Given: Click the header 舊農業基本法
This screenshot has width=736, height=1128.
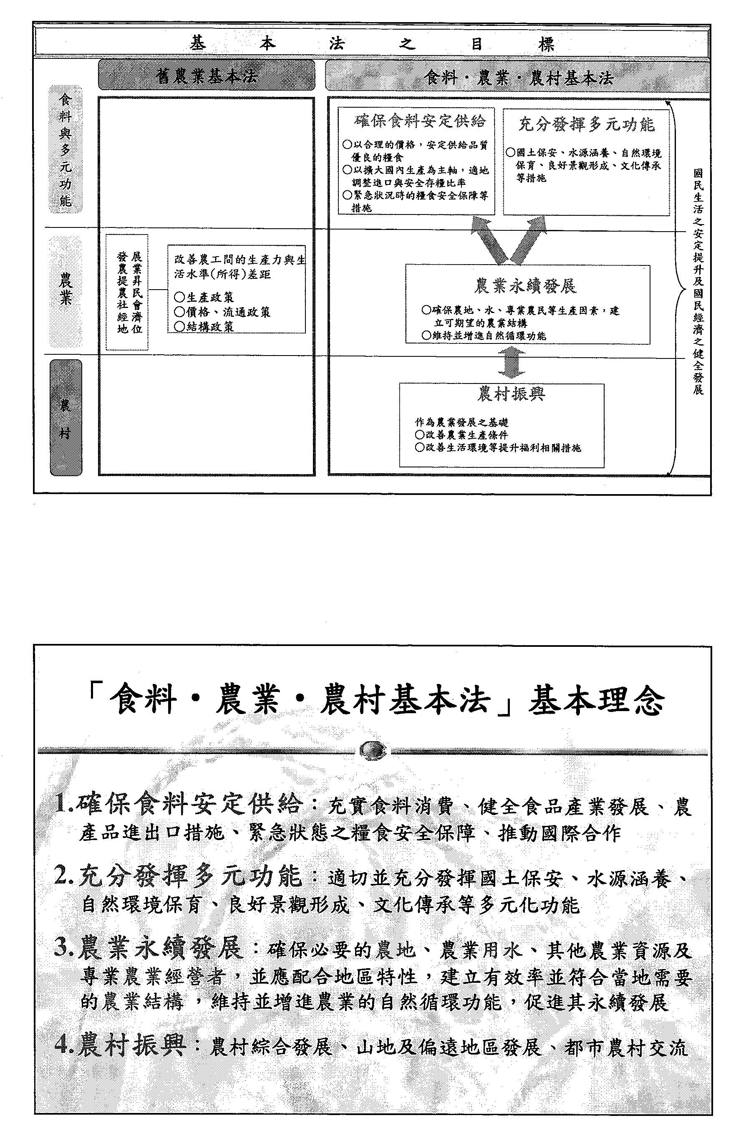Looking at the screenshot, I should point(206,76).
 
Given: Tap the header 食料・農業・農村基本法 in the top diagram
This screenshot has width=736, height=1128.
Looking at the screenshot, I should point(519,77).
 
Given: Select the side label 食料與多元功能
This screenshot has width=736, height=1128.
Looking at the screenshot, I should point(66,149).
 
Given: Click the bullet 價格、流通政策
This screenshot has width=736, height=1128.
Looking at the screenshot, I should point(222,312).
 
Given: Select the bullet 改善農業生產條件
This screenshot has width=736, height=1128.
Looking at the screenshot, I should point(461,434).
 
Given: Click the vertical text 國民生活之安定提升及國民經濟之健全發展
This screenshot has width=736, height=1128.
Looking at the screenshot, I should point(698,282).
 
